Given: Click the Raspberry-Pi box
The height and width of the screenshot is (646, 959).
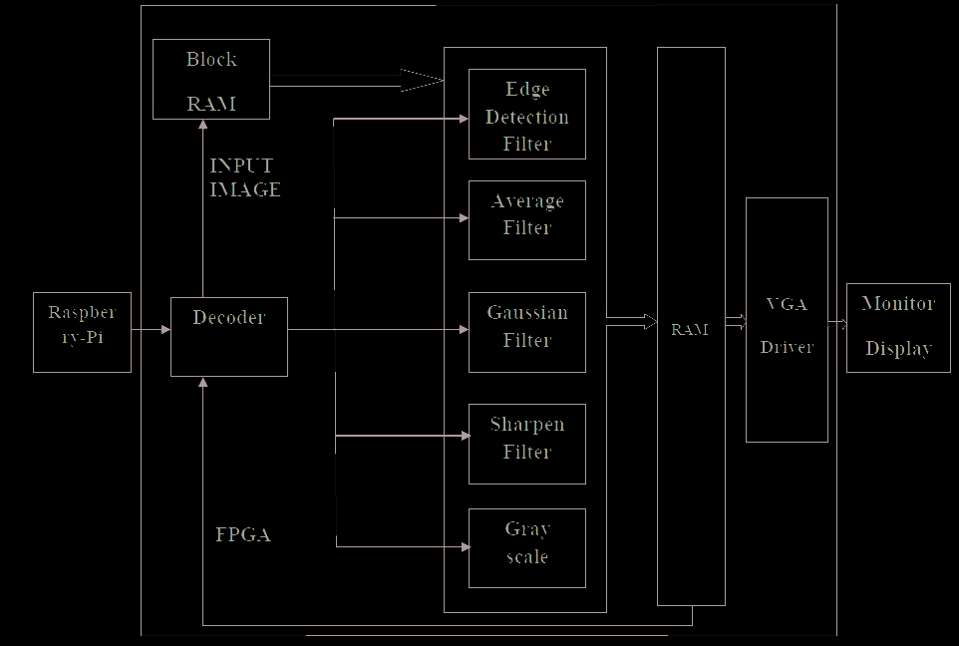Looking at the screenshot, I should [82, 332].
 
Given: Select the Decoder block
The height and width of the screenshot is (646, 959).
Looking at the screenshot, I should [229, 336].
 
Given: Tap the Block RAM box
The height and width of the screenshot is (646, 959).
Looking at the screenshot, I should [211, 79].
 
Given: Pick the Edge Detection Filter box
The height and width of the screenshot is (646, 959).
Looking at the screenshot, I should [526, 114].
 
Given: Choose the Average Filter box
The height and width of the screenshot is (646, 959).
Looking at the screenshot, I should [526, 219].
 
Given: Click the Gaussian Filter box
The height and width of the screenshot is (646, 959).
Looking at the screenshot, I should [526, 332].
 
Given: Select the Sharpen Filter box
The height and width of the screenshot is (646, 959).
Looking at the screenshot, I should [526, 444].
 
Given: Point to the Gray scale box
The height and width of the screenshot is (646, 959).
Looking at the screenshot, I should [526, 547].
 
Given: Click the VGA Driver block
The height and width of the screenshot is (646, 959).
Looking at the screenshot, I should [787, 319].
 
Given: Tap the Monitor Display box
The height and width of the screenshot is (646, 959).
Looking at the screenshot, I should [898, 327].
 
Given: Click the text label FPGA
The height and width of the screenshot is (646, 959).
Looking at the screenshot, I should [243, 534].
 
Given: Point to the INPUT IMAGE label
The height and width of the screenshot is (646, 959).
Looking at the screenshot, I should [245, 177].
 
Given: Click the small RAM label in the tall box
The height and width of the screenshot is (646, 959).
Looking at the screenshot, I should [690, 329].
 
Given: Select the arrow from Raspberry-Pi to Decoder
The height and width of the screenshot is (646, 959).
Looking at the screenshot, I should [151, 328].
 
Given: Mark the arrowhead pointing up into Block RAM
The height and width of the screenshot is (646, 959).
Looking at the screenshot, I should [202, 125].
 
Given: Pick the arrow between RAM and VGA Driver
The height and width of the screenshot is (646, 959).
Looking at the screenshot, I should [736, 321].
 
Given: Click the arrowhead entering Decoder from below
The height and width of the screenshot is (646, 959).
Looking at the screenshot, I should [202, 383].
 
